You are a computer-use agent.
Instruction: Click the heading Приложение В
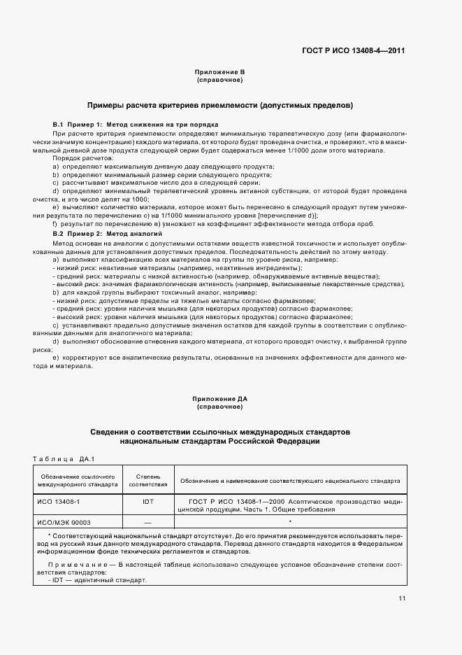[x=219, y=73]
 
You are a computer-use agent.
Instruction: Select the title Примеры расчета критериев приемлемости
[x=219, y=106]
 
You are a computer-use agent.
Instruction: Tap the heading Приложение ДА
[x=219, y=399]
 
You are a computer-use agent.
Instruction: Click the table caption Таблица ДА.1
[x=64, y=458]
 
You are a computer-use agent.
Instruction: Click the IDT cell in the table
[x=147, y=502]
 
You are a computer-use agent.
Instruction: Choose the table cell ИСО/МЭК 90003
[x=64, y=522]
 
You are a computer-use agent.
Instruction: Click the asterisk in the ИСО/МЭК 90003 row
[x=289, y=521]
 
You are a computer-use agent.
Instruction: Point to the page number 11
[x=402, y=598]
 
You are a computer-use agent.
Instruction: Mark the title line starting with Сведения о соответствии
[x=219, y=432]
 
